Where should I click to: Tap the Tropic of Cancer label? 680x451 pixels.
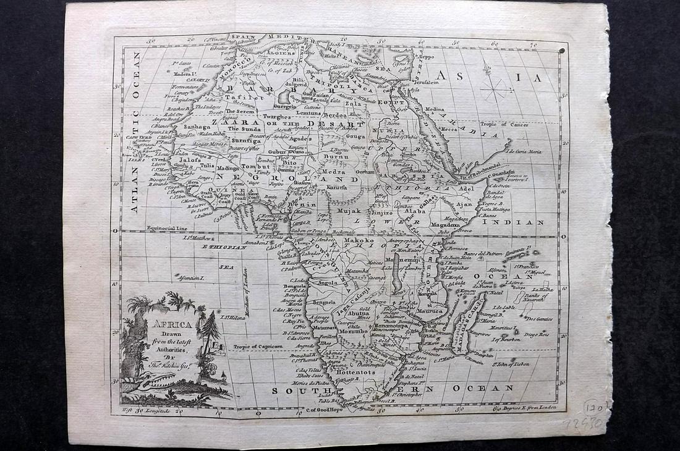click(x=505, y=124)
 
